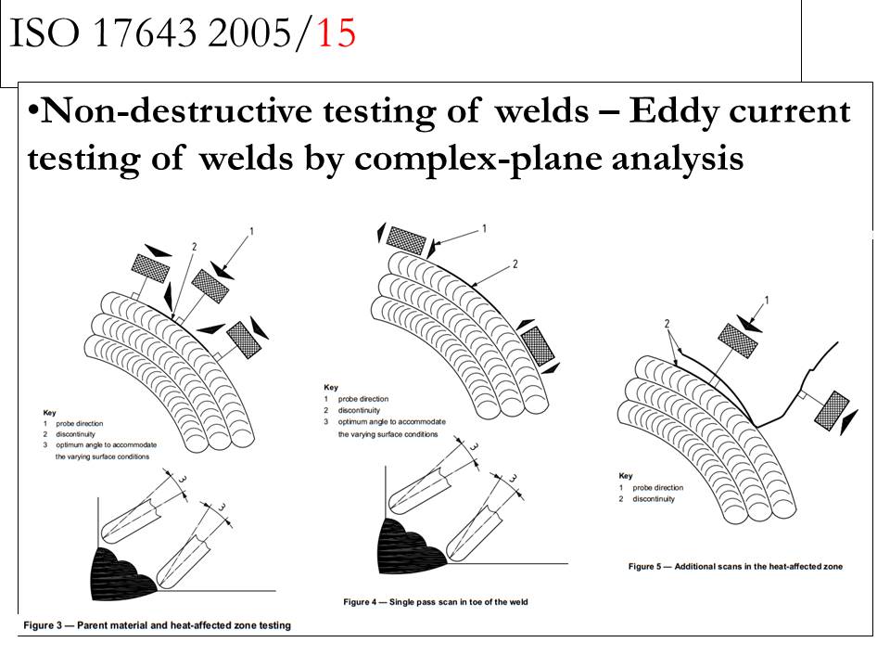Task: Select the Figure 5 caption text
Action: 735,566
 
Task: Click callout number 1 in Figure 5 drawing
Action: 766,301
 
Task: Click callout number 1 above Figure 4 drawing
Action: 485,228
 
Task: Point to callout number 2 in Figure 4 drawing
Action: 514,264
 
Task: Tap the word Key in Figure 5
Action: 626,475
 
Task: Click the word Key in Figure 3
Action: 49,412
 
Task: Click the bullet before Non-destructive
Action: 32,112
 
